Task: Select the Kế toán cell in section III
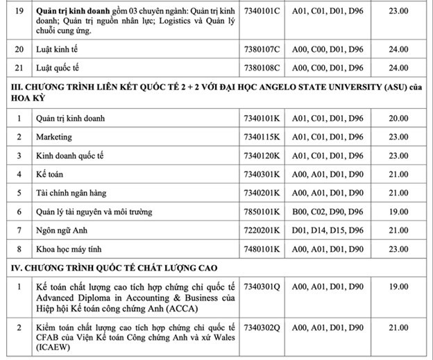click(49, 174)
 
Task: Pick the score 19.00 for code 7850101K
click(398, 212)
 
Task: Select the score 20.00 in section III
click(398, 118)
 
